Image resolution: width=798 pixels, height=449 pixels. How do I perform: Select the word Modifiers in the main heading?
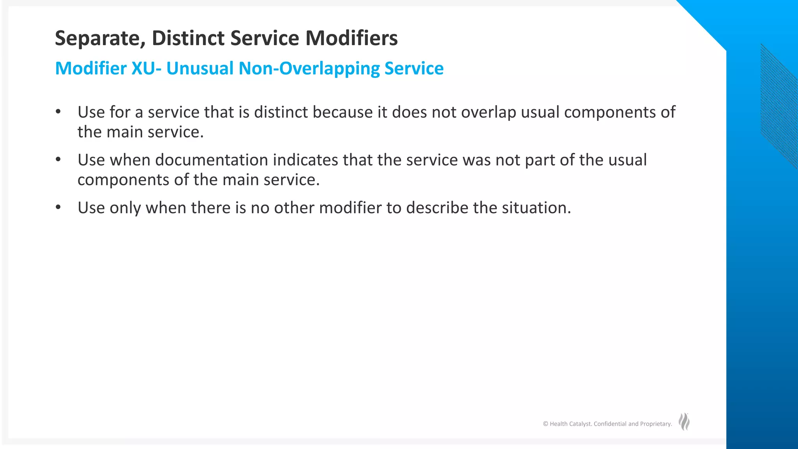tap(351, 38)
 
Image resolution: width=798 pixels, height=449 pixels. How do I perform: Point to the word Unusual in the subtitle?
tap(200, 69)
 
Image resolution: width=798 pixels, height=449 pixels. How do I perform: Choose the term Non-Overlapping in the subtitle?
tap(309, 69)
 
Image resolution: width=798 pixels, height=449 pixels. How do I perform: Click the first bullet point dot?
tap(58, 112)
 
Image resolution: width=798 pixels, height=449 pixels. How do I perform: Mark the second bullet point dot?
tap(58, 159)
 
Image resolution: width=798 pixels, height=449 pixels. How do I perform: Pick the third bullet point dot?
tap(58, 207)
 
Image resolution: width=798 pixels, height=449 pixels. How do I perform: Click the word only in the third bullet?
tap(125, 208)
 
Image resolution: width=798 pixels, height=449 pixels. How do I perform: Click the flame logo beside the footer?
tap(684, 422)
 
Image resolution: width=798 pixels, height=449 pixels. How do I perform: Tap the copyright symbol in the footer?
tap(546, 424)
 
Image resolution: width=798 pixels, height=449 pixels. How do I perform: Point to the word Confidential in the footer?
tap(610, 424)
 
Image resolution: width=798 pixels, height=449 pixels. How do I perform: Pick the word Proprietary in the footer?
tap(656, 424)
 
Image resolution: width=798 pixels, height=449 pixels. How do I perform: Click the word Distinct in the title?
tap(188, 38)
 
